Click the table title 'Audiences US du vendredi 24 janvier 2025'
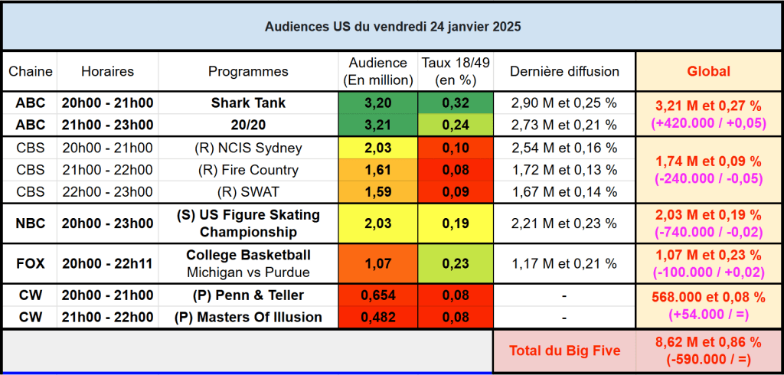coord(393,27)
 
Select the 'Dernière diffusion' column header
coord(564,71)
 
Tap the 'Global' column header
coord(708,71)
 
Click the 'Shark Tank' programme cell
coord(248,103)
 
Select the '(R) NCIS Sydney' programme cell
coord(248,148)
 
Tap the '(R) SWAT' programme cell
coord(248,192)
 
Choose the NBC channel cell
coord(31,223)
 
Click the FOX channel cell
coord(31,263)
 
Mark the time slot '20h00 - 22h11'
coord(107,263)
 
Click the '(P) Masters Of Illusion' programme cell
coord(248,318)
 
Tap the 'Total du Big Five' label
coord(564,351)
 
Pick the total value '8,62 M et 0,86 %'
coord(708,342)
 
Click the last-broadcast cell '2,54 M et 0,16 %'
coord(564,148)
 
